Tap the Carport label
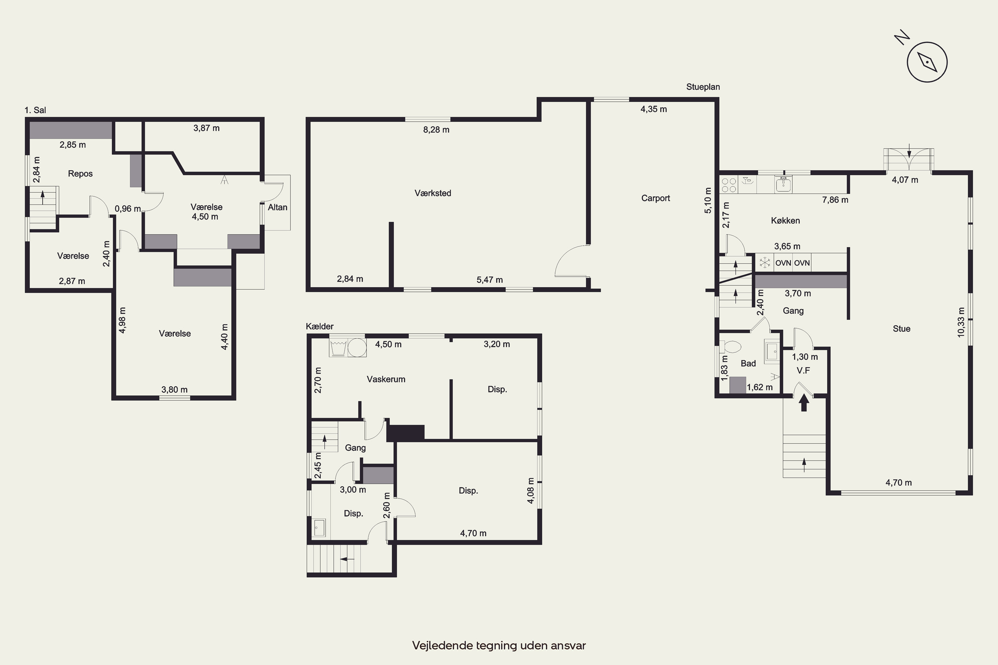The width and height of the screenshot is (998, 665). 656,198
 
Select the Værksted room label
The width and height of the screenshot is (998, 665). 433,193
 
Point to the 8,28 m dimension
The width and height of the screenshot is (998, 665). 436,130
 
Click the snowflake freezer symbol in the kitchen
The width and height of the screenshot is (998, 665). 764,263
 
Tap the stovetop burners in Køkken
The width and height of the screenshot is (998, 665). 729,185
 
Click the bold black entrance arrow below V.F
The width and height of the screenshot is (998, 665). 804,403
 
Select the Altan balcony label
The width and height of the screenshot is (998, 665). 277,207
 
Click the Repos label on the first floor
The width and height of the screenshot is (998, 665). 80,174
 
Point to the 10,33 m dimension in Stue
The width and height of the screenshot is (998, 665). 961,322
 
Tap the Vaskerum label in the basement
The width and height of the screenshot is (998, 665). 386,379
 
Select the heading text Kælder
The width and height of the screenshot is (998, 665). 319,326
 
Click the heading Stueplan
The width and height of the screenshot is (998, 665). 703,87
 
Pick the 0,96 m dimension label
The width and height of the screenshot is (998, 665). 128,209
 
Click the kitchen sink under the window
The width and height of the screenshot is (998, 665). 783,185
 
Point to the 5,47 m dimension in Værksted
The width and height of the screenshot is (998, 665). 490,280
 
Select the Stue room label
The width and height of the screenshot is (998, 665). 902,329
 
